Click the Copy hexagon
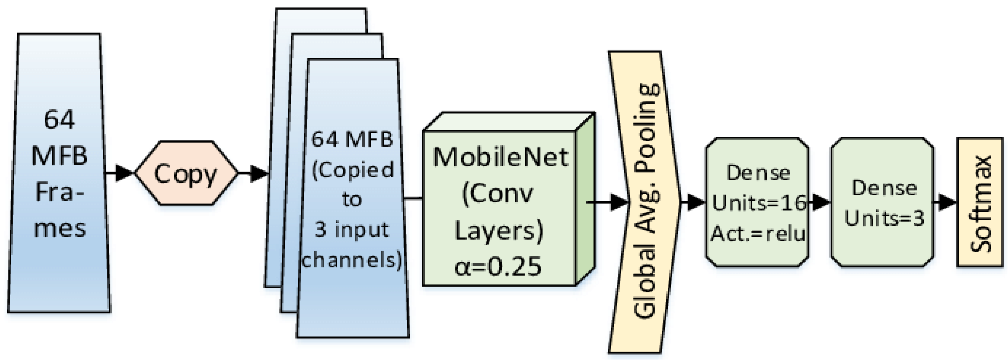click(x=186, y=173)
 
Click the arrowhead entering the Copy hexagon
click(x=124, y=173)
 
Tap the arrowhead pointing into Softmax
click(x=947, y=203)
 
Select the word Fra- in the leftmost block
click(x=59, y=192)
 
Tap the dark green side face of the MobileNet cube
click(x=585, y=200)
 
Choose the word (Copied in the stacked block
click(x=352, y=170)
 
